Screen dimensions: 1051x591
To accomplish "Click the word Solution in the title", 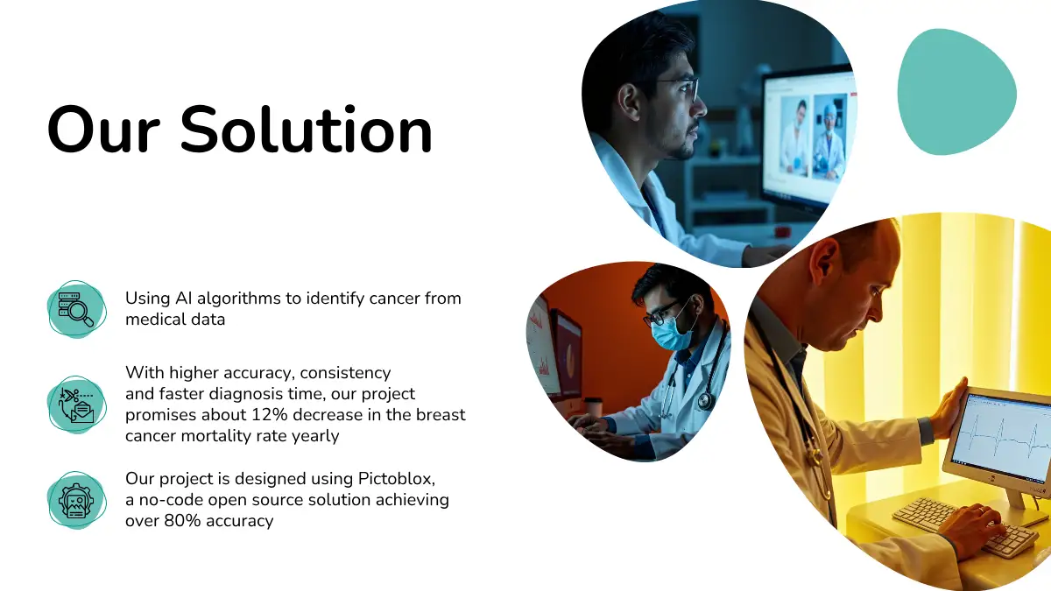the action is click(x=306, y=130).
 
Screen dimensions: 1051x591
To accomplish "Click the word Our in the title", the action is click(x=103, y=130).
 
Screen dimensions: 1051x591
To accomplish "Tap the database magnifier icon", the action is click(x=76, y=309).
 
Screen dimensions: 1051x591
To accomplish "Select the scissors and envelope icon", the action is click(x=76, y=405).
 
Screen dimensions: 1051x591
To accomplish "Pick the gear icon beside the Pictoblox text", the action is click(x=76, y=501).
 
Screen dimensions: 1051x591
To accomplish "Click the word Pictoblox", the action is click(x=397, y=479).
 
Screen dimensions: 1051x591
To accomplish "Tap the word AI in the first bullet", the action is click(x=184, y=299).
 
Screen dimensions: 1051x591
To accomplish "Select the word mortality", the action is click(x=215, y=436).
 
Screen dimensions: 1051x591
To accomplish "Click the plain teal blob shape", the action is click(x=956, y=92).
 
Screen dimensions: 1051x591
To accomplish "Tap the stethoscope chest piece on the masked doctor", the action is click(x=704, y=400).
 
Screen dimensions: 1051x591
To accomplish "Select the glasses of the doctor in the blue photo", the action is click(x=678, y=89).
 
